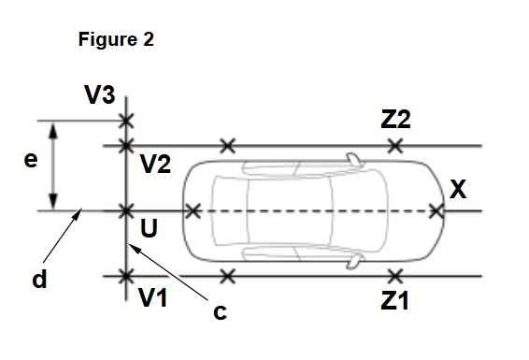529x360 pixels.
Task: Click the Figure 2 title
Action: click(x=116, y=39)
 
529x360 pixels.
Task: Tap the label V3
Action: click(x=99, y=94)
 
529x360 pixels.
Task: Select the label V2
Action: click(x=155, y=165)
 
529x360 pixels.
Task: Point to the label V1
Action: click(x=153, y=298)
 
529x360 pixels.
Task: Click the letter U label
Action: click(x=149, y=228)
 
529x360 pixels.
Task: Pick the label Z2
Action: click(x=395, y=120)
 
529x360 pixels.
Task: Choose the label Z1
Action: click(x=394, y=300)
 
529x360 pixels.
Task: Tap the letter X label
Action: click(x=458, y=189)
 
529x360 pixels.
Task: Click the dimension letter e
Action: click(x=31, y=160)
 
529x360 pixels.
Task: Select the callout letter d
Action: click(x=39, y=279)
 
